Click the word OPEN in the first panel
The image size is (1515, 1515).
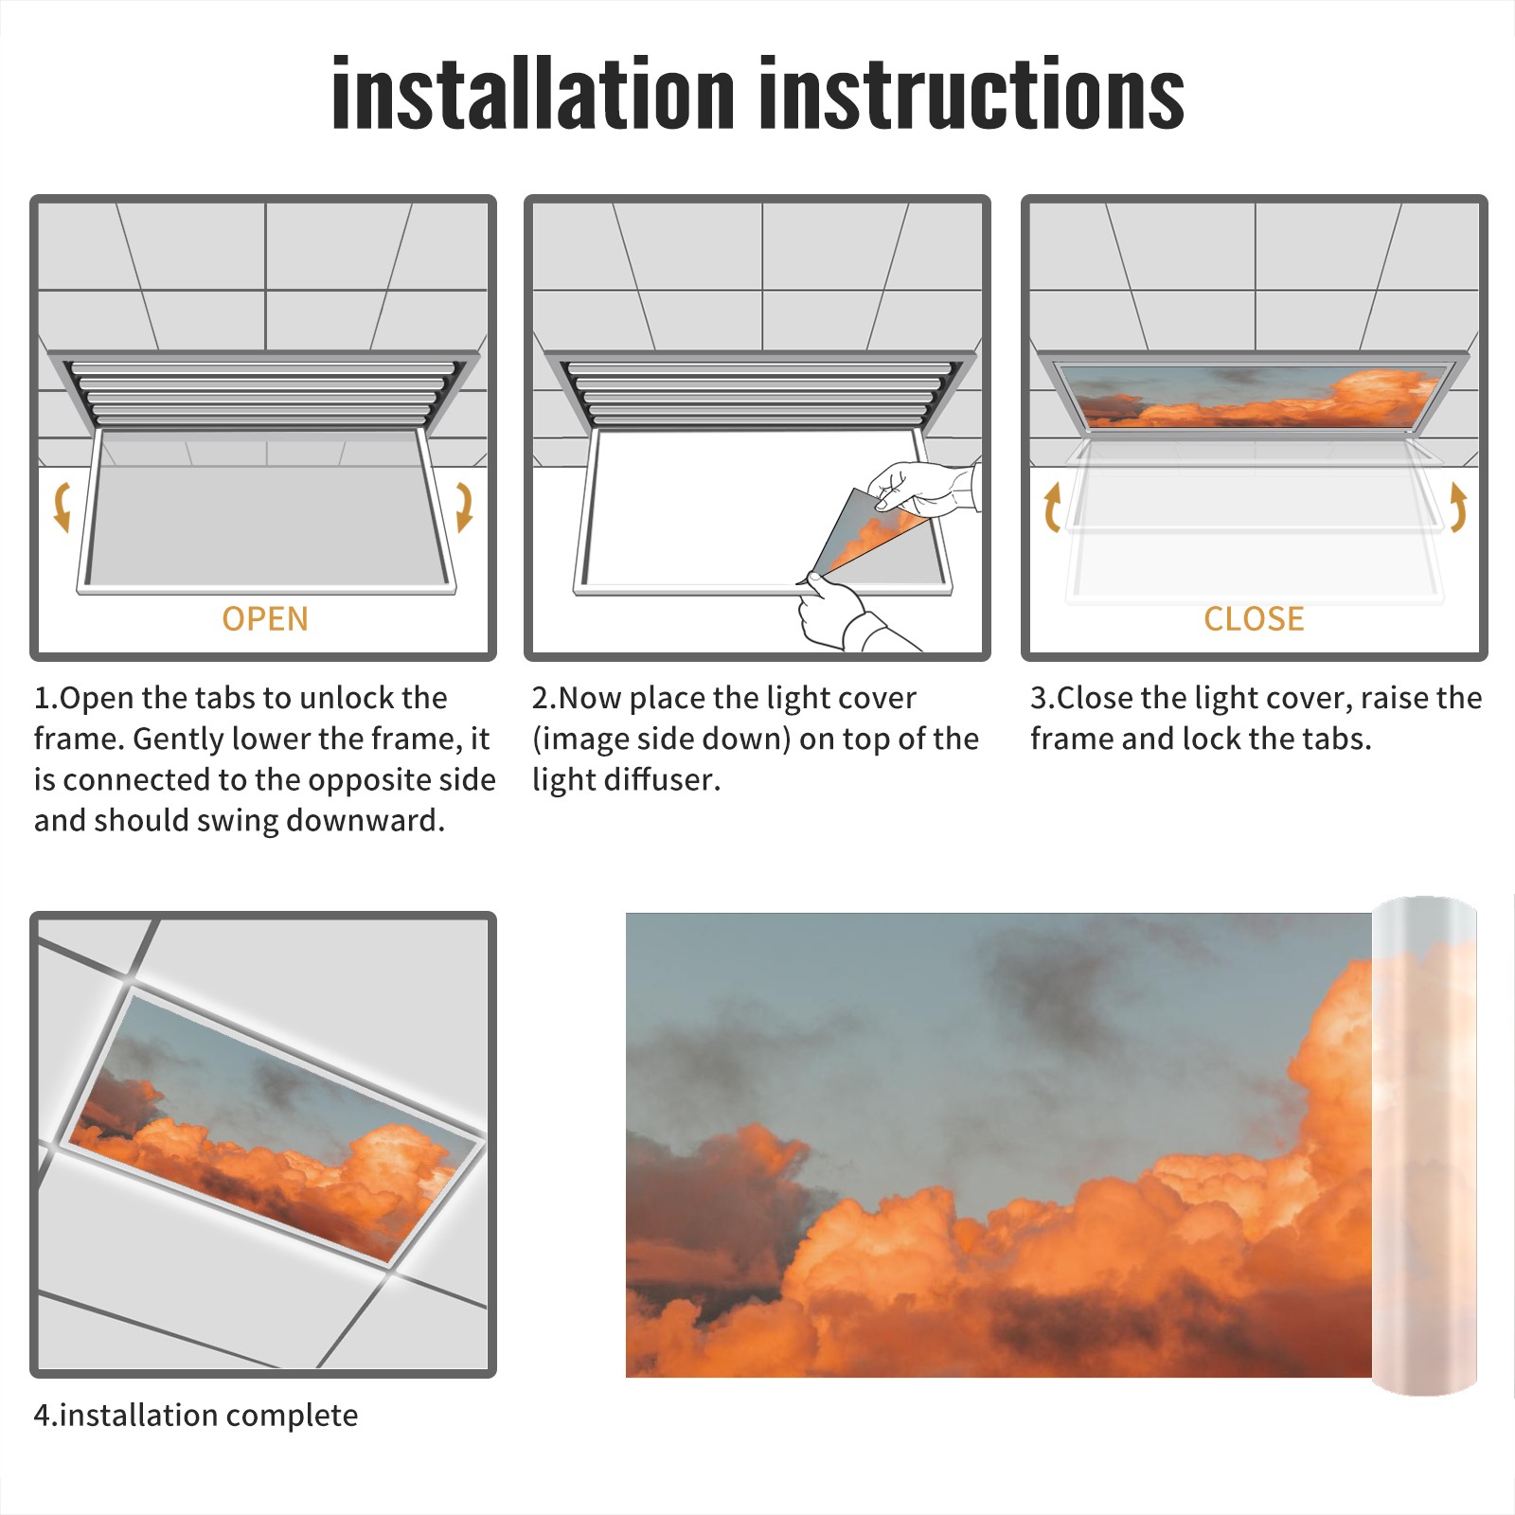[265, 618]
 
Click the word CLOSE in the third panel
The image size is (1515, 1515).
[1254, 618]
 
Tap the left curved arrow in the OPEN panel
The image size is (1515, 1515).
[62, 507]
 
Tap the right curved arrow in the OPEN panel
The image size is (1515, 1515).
[464, 507]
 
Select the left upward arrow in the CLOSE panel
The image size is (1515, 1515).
[1051, 508]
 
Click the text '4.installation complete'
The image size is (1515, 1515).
[196, 1415]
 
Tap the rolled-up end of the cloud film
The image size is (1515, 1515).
[1424, 1146]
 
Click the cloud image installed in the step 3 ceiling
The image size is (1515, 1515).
[1256, 396]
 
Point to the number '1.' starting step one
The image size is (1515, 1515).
[45, 698]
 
